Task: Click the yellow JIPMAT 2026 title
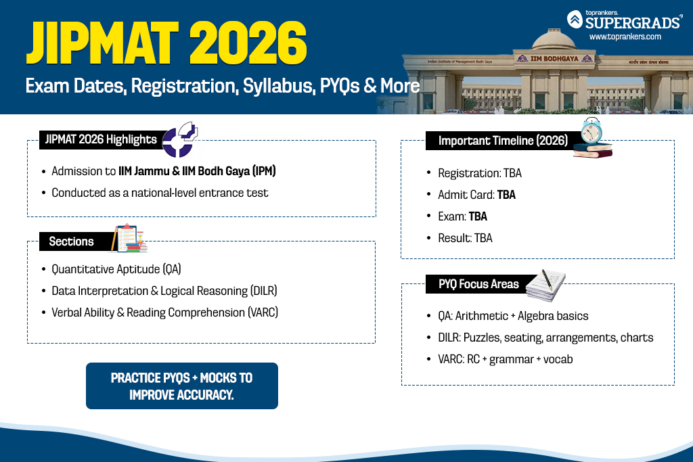(x=166, y=43)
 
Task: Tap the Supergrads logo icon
(x=575, y=20)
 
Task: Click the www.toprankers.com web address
(x=625, y=37)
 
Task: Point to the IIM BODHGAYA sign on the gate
(x=554, y=58)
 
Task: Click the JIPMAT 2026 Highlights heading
(x=101, y=139)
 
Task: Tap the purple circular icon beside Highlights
(x=179, y=141)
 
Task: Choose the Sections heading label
(x=71, y=241)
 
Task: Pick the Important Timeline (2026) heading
(x=503, y=141)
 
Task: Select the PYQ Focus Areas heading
(x=478, y=284)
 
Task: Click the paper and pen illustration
(x=546, y=285)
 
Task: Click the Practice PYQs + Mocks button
(x=182, y=386)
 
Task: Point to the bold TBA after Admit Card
(x=506, y=195)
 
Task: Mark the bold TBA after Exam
(x=478, y=216)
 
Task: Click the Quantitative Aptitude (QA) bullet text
(x=116, y=269)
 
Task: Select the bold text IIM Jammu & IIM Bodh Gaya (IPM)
(x=197, y=171)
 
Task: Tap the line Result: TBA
(x=465, y=238)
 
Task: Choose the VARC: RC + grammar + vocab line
(x=505, y=359)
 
